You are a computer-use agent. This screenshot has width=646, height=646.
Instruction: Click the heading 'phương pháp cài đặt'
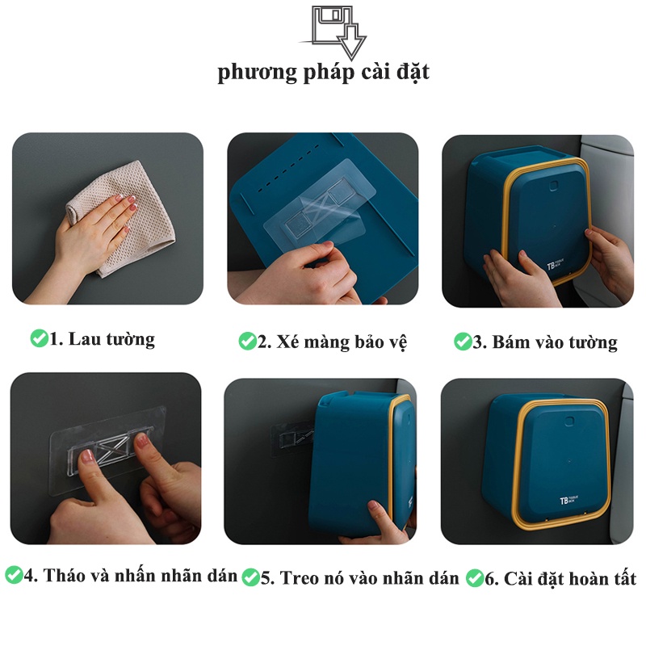coord(324,73)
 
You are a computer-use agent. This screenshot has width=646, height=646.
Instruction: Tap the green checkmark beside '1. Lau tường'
coord(39,338)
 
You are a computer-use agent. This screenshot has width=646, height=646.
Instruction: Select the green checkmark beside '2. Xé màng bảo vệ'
coord(247,341)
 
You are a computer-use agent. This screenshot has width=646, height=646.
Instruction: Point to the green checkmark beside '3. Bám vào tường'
coord(462,342)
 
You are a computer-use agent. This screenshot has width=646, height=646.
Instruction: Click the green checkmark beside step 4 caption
coord(14,575)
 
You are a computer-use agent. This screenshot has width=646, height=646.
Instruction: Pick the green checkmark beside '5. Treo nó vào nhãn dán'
coord(250,577)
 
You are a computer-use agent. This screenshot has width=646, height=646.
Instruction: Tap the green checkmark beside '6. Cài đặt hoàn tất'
coord(475,577)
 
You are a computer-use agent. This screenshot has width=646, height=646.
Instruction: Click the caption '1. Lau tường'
coord(102,339)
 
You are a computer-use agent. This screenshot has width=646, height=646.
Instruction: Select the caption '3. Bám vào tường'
coord(544,342)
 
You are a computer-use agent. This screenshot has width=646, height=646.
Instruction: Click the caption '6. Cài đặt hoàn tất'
coord(560,578)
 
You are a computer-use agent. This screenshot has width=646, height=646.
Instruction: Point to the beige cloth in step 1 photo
coord(124,218)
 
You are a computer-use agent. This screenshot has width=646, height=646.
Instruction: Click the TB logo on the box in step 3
coord(555,265)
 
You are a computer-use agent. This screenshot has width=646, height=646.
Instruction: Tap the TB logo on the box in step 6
coord(568,500)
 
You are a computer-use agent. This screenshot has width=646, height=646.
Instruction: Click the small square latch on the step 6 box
coord(569,421)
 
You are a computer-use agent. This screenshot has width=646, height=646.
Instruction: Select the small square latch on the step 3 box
coord(553,186)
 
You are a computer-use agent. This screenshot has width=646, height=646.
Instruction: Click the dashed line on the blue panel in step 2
coord(288,168)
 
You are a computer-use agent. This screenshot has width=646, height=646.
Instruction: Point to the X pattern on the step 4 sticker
coord(112,450)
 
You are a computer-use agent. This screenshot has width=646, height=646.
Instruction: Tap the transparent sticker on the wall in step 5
coord(292,437)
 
